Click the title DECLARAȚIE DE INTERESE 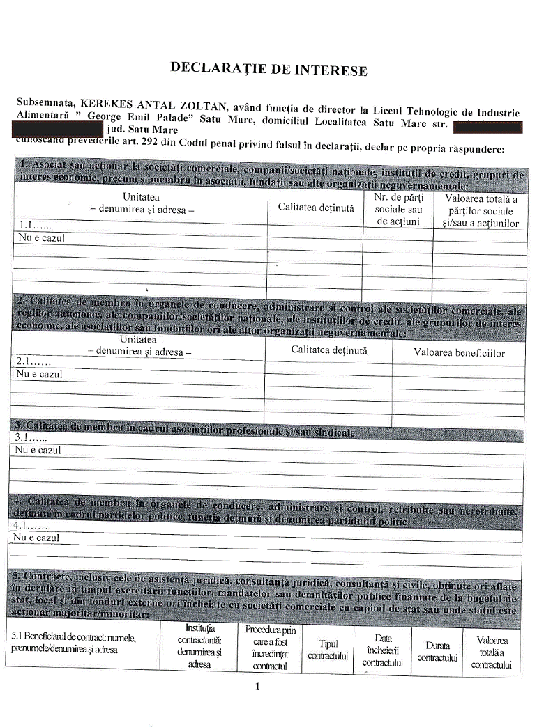[268, 68]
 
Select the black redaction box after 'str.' [487, 127]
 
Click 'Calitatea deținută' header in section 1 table [316, 207]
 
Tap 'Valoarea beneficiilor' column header [459, 352]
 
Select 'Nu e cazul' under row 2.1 [39, 375]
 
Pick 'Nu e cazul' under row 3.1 [38, 451]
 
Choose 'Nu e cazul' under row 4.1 [37, 538]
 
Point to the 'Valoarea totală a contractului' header [492, 652]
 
